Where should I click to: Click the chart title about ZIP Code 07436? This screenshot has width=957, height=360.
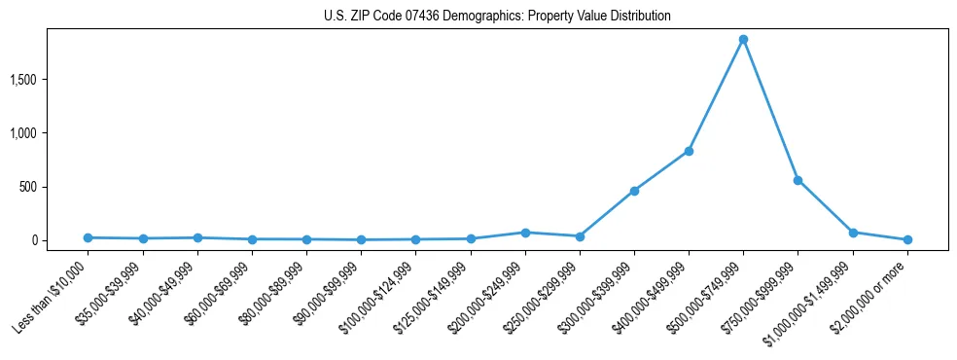[x=497, y=17]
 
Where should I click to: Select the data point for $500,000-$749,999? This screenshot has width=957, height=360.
[x=743, y=40]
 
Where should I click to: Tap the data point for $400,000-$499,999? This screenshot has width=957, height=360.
[x=689, y=151]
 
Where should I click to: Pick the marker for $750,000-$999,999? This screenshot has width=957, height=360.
[x=797, y=180]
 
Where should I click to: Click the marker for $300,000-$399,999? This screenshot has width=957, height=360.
[x=634, y=191]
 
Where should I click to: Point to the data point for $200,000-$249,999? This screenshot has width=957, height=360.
[x=525, y=233]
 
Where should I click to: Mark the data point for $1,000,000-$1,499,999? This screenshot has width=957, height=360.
[x=853, y=233]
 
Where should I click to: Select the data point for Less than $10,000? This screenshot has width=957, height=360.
[x=89, y=237]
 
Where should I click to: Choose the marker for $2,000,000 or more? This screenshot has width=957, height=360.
[x=907, y=239]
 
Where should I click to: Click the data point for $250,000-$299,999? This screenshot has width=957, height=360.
[x=580, y=236]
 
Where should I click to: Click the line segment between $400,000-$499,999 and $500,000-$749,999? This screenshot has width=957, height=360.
[x=716, y=95]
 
